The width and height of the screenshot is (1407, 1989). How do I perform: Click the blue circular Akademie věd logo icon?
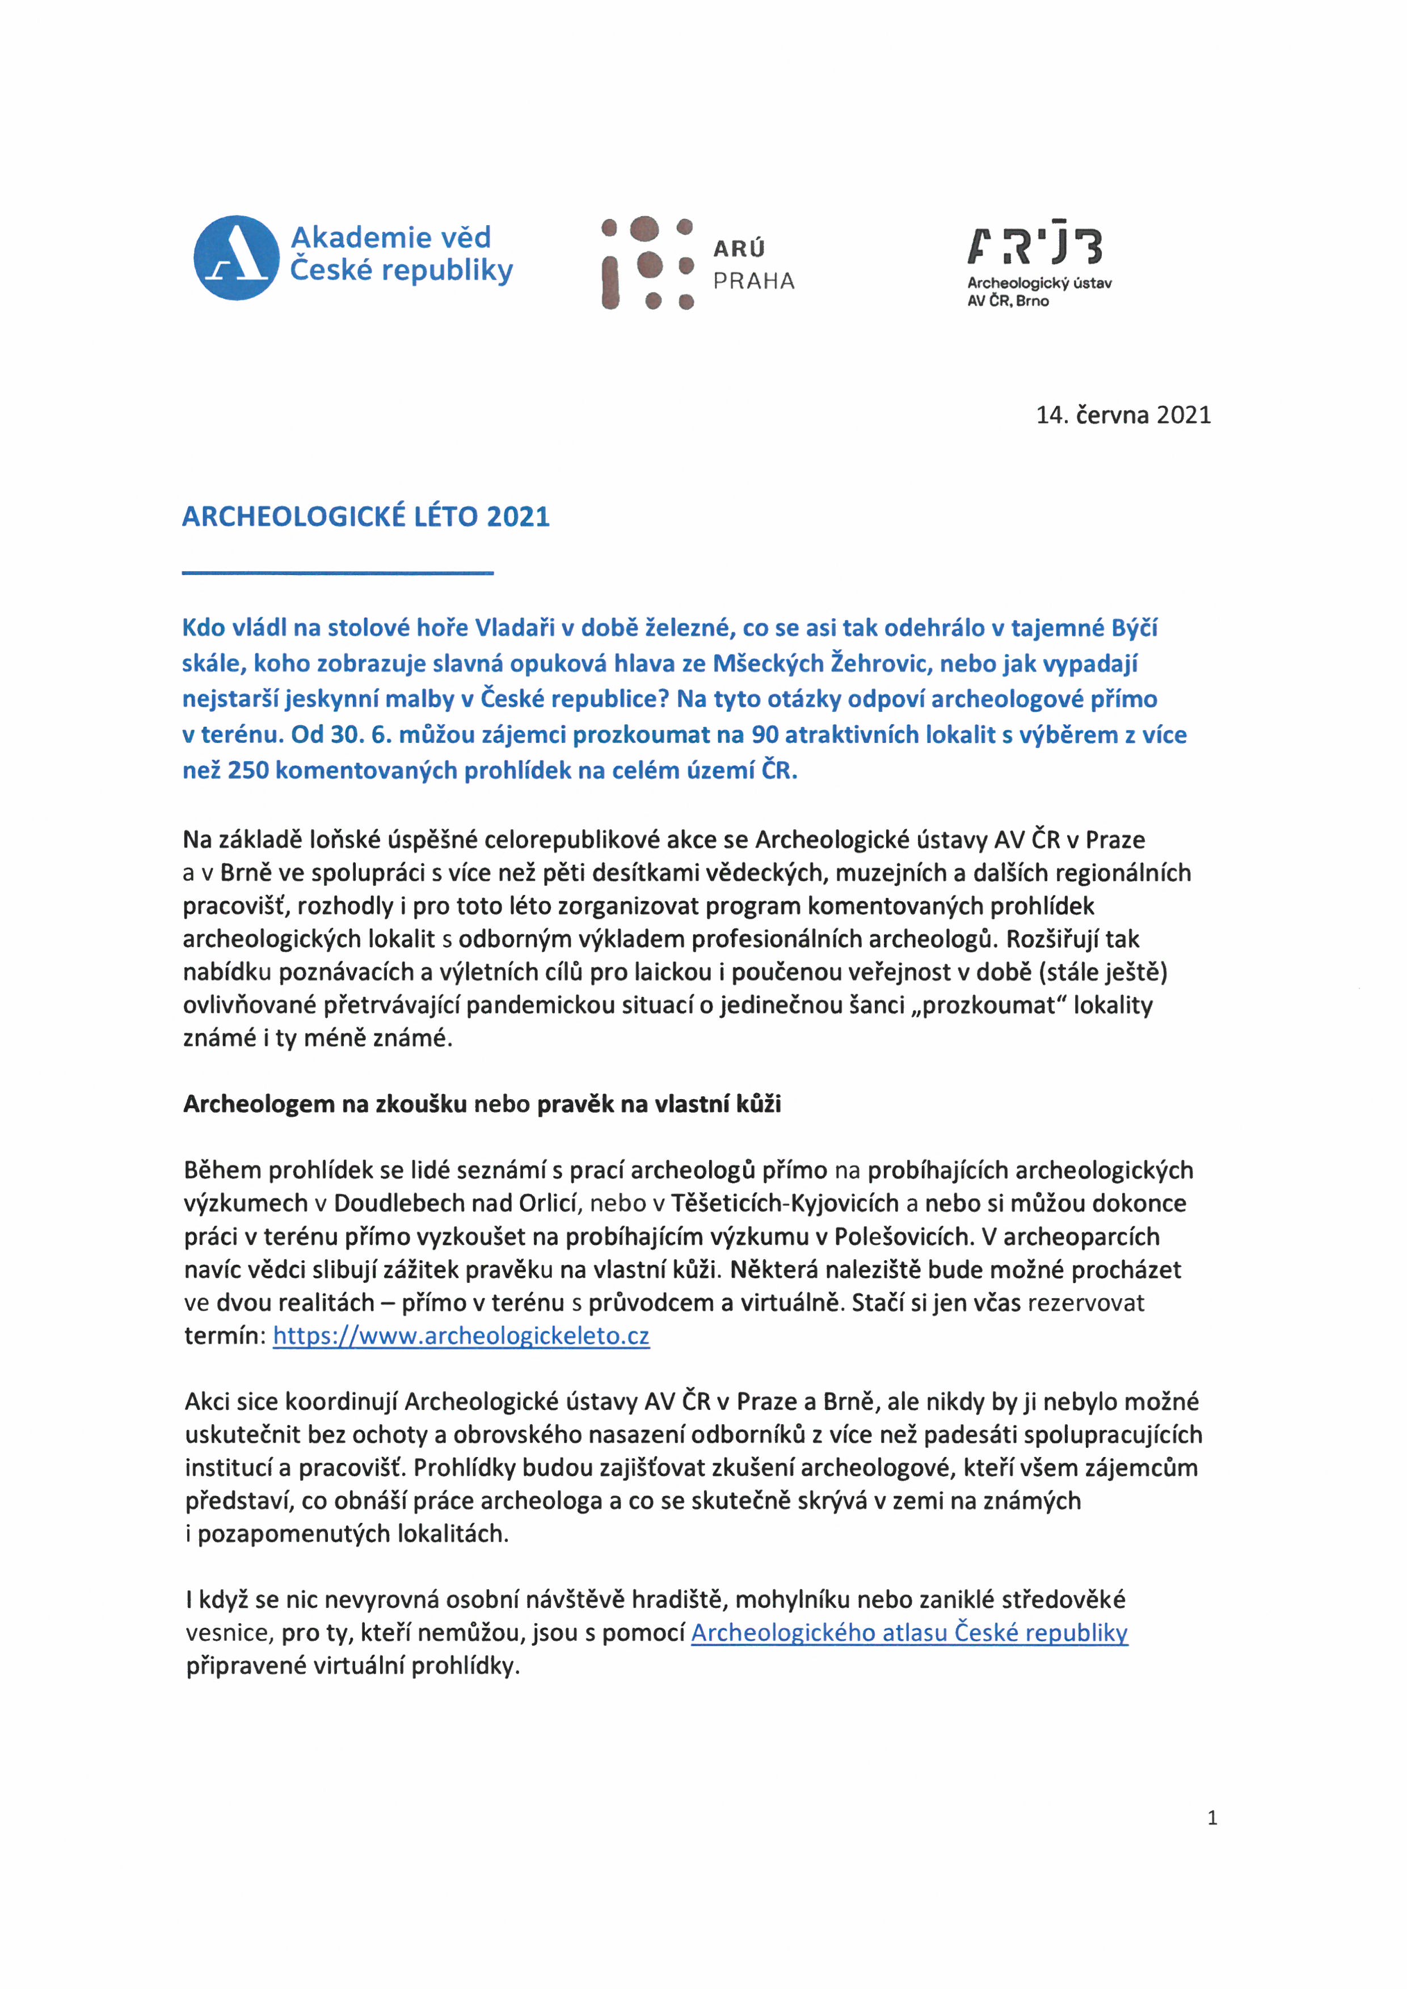tap(235, 257)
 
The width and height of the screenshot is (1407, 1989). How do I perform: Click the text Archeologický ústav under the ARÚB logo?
tap(1039, 282)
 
